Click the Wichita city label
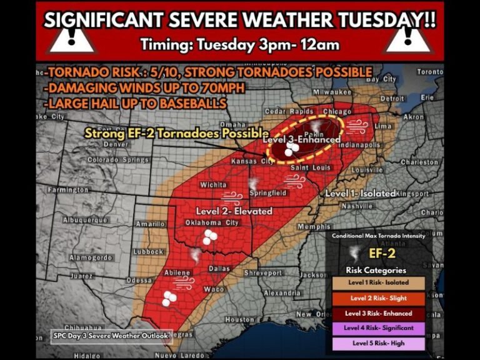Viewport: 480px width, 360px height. tap(213, 185)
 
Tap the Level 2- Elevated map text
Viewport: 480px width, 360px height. tap(234, 211)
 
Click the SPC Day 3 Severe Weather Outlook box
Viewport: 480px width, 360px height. tap(111, 336)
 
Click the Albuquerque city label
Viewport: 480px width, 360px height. tap(86, 220)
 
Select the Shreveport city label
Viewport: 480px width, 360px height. tap(262, 273)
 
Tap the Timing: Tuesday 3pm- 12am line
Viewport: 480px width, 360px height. tap(240, 44)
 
